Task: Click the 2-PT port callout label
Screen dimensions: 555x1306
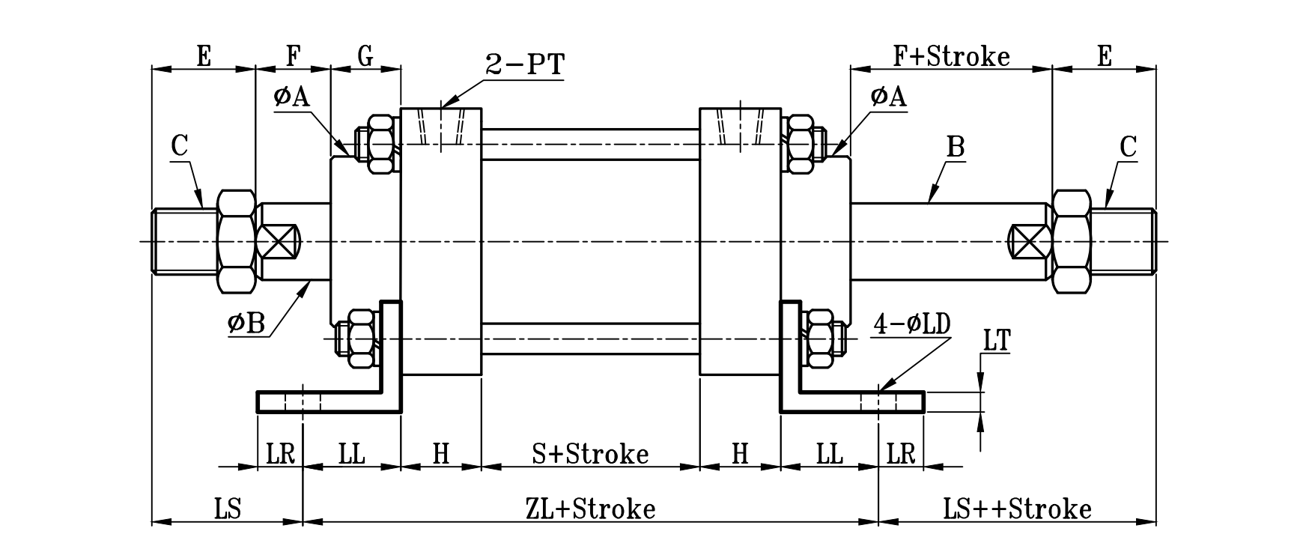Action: [524, 65]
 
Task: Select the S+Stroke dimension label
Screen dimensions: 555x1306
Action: [590, 453]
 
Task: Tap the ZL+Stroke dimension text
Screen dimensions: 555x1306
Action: [590, 509]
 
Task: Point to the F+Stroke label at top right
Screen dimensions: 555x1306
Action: [951, 56]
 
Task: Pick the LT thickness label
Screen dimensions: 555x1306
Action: [996, 342]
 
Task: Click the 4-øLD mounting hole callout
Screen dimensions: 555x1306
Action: [911, 324]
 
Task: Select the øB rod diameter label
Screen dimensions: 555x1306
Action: [246, 323]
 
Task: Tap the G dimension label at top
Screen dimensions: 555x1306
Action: [365, 56]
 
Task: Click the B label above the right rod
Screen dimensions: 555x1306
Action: [955, 147]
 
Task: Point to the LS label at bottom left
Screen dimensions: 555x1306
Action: [227, 509]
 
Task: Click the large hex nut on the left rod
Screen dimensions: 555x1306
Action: [235, 241]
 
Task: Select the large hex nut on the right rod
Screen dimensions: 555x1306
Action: [1071, 241]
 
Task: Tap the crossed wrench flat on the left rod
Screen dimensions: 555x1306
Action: [278, 241]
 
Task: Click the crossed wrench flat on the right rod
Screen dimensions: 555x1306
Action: [1029, 241]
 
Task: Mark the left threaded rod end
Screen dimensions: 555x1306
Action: [183, 241]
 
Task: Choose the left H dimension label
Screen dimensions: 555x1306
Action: [440, 453]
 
